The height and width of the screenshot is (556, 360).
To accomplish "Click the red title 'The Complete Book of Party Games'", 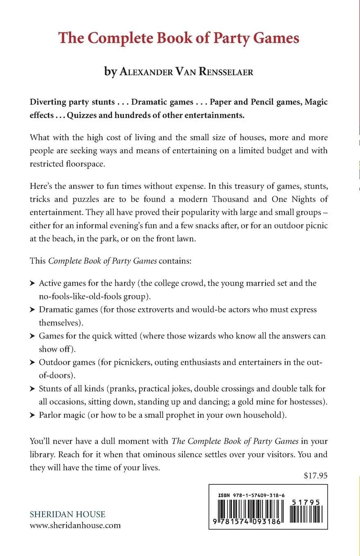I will [x=179, y=38].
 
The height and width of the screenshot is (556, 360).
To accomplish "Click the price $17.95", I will [x=316, y=475].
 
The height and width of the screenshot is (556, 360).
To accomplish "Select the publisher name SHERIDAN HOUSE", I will [x=67, y=514].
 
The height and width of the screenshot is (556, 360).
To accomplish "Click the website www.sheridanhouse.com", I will [x=75, y=525].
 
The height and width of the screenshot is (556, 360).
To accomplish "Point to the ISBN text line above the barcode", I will [x=252, y=495].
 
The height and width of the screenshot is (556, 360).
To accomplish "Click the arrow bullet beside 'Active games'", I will [x=33, y=283].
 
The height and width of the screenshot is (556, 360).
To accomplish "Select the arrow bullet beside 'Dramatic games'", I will [x=33, y=310].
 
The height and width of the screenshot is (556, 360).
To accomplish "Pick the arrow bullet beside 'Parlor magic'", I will [x=33, y=416].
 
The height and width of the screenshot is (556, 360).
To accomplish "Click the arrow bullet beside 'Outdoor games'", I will [x=33, y=363].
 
